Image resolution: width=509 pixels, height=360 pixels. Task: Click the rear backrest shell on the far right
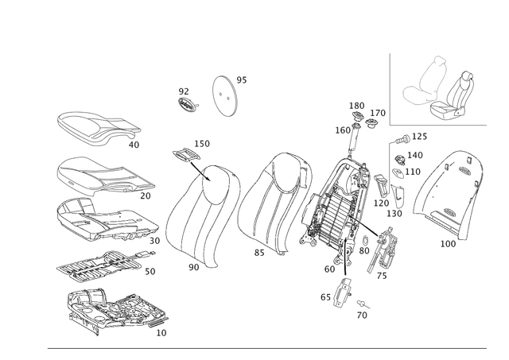[x=449, y=195]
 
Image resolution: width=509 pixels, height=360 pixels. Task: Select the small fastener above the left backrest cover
[x=191, y=155]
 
